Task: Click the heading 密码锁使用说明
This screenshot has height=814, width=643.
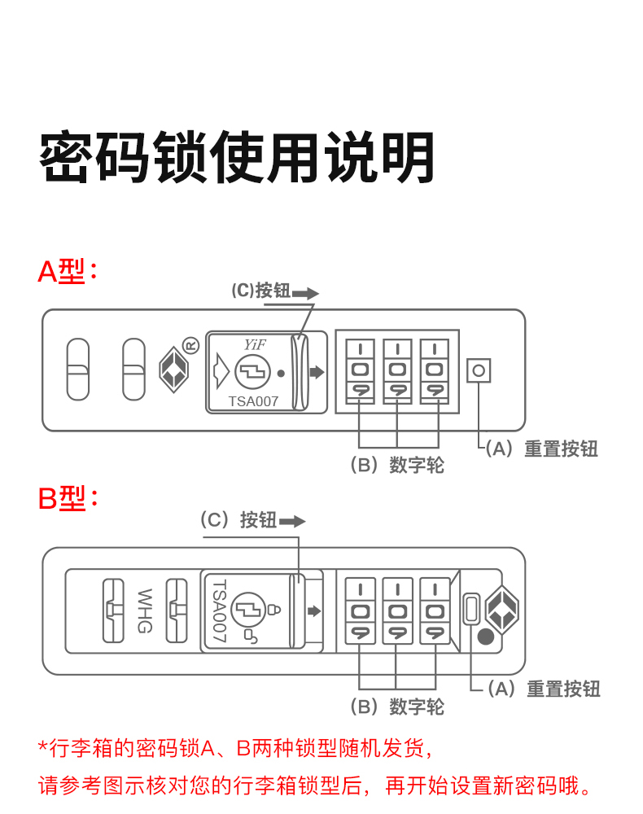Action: point(237,157)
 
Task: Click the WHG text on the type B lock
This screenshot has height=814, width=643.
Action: point(146,610)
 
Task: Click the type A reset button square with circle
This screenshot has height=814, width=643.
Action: point(479,370)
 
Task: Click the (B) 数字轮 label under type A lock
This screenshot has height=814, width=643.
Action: point(397,465)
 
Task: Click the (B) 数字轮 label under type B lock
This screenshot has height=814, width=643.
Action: point(397,706)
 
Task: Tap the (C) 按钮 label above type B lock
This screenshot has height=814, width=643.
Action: point(239,520)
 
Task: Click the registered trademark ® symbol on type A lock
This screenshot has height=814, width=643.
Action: point(190,345)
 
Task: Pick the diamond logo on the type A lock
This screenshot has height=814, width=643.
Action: point(173,370)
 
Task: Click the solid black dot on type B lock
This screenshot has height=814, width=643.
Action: point(486,638)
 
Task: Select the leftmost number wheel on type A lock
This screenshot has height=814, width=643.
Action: point(359,370)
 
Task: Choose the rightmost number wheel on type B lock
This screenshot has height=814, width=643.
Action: point(435,610)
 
